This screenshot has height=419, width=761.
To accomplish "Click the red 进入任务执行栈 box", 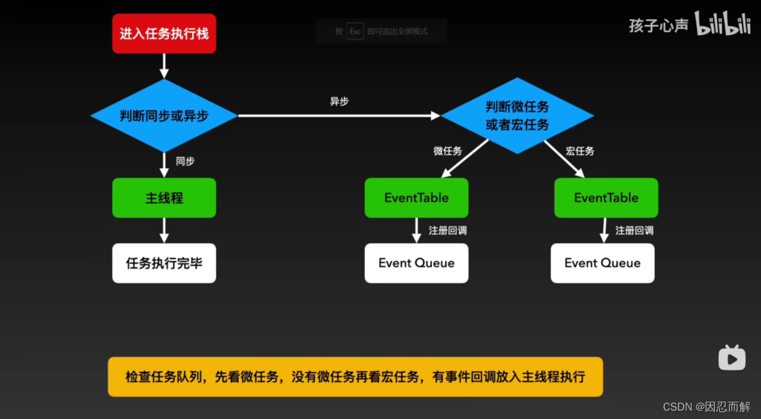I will coord(164,33).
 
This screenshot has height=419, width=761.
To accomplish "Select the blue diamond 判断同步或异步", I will coord(164,116).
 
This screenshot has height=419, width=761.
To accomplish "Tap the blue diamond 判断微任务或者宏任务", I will coord(517,116).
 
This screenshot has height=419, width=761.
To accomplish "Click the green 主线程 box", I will coord(164,198).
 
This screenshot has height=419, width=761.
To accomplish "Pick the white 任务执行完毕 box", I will coord(164,263).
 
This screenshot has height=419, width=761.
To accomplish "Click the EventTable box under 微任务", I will coord(416,198).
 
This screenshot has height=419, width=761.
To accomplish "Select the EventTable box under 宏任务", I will coord(605,198).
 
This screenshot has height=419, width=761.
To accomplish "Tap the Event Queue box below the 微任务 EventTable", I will coord(416,263).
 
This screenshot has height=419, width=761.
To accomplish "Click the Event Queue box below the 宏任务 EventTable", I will coord(602,263).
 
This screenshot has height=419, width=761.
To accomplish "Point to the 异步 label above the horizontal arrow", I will coord(339,102).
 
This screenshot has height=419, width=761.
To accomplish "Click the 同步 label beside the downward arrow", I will coord(185,161).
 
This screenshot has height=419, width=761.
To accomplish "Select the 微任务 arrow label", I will coord(447,151).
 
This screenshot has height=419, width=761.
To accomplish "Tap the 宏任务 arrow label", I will coord(580,151).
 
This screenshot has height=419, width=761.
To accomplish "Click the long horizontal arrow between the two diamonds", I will coord(339,116).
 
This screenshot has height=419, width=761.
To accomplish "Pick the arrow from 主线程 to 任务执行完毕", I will coord(164,230).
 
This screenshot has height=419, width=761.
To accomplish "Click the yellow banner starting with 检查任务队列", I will coord(355,377).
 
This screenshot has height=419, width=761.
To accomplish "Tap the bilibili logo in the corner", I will coord(722,24).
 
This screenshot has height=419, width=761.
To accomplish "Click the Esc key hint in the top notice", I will coord(355,31).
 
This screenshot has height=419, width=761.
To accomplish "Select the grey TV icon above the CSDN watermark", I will coord(732,358).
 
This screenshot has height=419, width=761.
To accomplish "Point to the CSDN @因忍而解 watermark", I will coord(707,407).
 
